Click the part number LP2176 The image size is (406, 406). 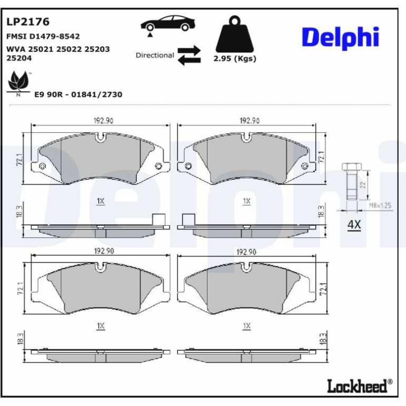(x=28, y=22)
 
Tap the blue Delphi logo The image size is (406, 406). (x=340, y=38)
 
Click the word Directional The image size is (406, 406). (x=155, y=55)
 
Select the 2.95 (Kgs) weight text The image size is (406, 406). (x=235, y=59)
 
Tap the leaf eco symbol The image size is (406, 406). (x=18, y=83)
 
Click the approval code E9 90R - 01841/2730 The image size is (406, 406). (x=78, y=94)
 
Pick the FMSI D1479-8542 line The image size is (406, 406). (x=43, y=36)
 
